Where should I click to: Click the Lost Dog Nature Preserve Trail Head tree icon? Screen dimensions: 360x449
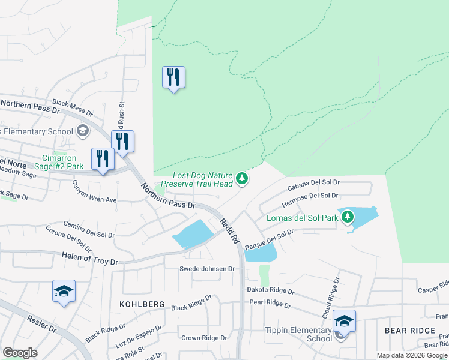tap(242, 178)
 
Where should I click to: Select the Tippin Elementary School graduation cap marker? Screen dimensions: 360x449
tap(345, 320)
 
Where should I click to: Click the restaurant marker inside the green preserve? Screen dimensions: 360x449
tap(173, 77)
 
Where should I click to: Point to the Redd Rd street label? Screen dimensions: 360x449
tap(229, 230)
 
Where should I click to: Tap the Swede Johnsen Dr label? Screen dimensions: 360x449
tap(206, 269)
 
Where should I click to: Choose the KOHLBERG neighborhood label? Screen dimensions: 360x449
tap(142, 304)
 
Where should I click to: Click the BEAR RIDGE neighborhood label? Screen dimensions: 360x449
tap(410, 331)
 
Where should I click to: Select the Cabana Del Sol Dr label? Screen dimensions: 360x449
tap(313, 184)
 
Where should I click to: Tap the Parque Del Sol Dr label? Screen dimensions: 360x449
tap(270, 238)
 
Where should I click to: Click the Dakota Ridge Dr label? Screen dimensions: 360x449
tap(270, 290)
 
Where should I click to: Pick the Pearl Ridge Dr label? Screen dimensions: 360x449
tap(270, 304)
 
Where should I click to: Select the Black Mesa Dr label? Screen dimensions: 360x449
tap(73, 108)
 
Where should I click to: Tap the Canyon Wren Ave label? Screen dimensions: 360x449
tap(94, 191)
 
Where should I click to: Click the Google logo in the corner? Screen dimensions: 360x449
tap(20, 353)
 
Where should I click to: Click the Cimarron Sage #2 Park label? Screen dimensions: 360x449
tap(50, 157)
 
